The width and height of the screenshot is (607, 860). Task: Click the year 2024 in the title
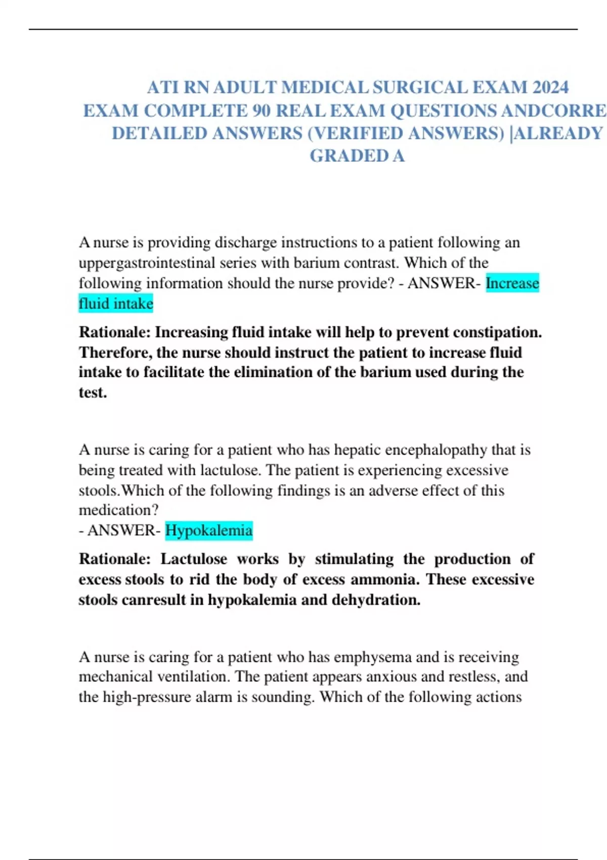coord(550,88)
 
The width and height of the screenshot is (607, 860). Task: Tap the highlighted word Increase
coord(512,283)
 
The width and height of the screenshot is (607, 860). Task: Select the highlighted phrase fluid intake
coord(116,304)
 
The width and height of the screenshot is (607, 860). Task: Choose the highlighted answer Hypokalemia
coord(208,530)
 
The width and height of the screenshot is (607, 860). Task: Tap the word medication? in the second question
coord(118,510)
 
